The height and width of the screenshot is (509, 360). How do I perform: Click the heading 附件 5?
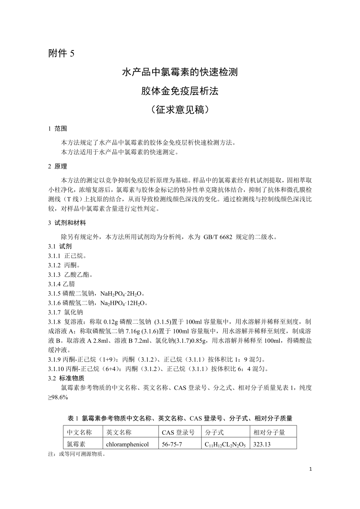[61, 54]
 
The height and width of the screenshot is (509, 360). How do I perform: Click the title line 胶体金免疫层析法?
[180, 91]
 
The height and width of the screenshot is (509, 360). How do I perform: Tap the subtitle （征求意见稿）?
[180, 110]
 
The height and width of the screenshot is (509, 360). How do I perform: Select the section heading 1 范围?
[58, 129]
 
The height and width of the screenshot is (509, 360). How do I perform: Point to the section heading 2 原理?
[58, 167]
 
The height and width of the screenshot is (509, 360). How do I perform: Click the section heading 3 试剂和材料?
[67, 223]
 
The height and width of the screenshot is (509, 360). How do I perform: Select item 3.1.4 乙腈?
[61, 284]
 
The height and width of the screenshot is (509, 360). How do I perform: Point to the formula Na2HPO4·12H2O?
[125, 303]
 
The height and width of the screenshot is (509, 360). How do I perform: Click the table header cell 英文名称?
[119, 432]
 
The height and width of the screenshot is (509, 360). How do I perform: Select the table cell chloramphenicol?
[127, 444]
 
